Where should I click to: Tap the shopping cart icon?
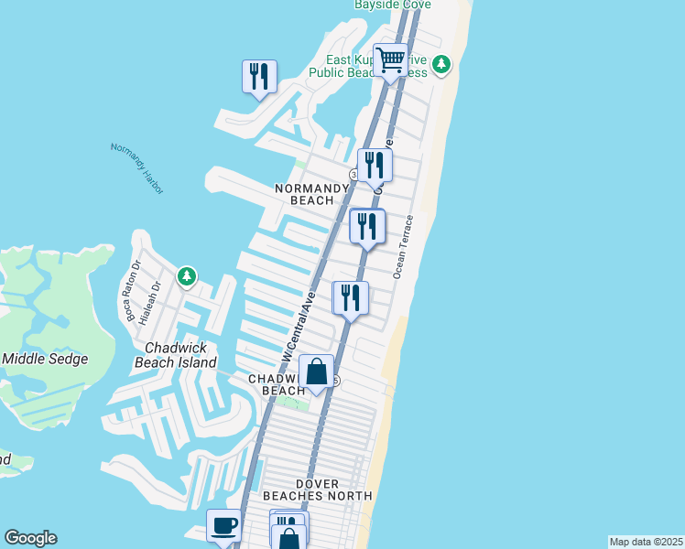pos(391,60)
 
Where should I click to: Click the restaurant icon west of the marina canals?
pos(259,76)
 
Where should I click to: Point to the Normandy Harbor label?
pos(136,167)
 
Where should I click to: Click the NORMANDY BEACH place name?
pos(312,194)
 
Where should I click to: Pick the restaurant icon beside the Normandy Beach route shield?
pos(374,165)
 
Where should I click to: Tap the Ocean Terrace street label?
pos(404,247)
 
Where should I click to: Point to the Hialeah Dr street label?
pos(147,303)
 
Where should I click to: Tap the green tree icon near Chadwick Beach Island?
pos(187,275)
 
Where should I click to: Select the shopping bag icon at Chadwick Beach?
pos(316,371)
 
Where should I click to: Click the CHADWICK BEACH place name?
pos(271,384)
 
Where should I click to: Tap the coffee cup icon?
pos(224,526)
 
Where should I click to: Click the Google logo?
pos(30,538)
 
